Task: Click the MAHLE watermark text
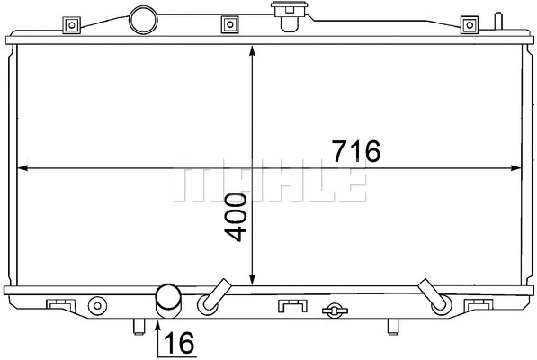[x=269, y=184]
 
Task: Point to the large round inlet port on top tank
[x=142, y=18]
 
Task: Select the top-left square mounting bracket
[x=69, y=24]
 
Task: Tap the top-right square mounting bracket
[x=468, y=24]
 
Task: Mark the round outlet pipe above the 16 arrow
[x=167, y=298]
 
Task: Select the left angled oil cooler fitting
[x=214, y=297]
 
